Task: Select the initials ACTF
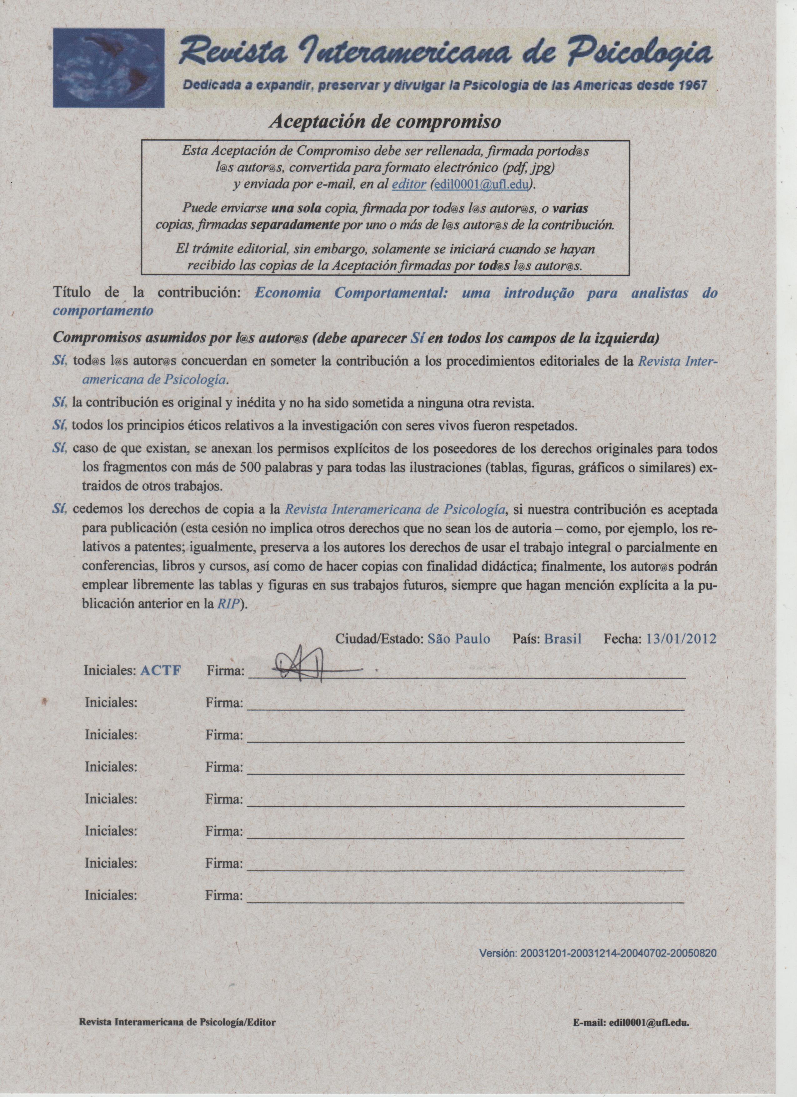click(x=161, y=671)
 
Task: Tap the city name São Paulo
click(x=459, y=639)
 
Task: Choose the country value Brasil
click(x=563, y=639)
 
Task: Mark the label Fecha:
click(x=622, y=639)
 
